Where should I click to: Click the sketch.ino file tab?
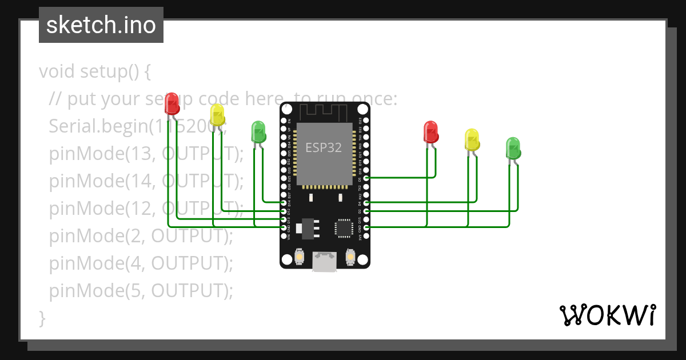[x=101, y=25]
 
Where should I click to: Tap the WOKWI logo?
[x=607, y=315]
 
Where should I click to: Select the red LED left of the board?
[x=171, y=103]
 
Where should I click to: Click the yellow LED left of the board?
[x=217, y=115]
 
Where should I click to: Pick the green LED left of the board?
[x=258, y=131]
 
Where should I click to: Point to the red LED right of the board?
[x=430, y=131]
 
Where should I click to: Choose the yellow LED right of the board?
[x=472, y=139]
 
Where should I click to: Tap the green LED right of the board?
[x=513, y=148]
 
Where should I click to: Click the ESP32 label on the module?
[x=324, y=147]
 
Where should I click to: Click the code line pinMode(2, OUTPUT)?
[x=141, y=236]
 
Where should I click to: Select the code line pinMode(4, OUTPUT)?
[x=141, y=263]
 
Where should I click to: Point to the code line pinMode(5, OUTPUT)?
[x=141, y=291]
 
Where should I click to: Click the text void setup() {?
[x=94, y=72]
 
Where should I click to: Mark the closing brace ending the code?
[x=42, y=318]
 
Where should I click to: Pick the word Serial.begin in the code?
[x=98, y=126]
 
